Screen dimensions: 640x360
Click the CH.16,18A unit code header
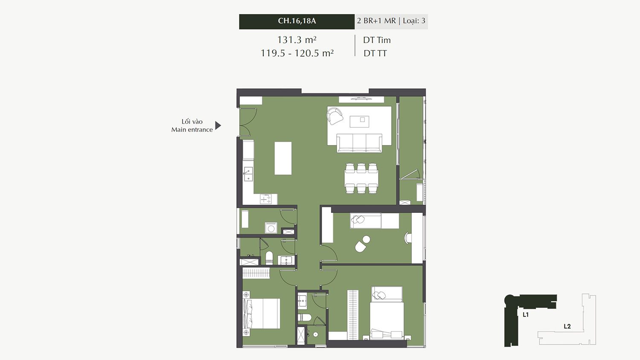[x=297, y=21]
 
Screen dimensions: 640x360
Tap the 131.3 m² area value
[x=297, y=40]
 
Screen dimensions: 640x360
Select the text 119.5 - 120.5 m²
[x=297, y=53]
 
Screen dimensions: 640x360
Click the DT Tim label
[x=377, y=40]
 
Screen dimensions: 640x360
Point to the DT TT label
[x=375, y=53]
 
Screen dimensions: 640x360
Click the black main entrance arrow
[x=218, y=125]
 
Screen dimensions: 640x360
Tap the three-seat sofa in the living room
[x=359, y=143]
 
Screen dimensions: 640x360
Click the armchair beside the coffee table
[x=335, y=116]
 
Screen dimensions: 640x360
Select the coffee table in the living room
[x=359, y=122]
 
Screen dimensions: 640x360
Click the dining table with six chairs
[x=361, y=178]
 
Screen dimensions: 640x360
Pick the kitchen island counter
[x=283, y=158]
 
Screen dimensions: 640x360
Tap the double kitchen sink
[x=248, y=174]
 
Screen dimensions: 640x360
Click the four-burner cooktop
[x=266, y=199]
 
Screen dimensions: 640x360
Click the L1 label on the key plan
[x=525, y=315]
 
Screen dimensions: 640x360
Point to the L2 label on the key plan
[x=567, y=326]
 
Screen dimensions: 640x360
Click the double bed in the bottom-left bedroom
[x=261, y=314]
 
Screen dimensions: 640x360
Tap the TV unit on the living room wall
[x=361, y=99]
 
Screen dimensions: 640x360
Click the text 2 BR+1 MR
[x=376, y=21]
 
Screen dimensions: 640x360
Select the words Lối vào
[x=192, y=122]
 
